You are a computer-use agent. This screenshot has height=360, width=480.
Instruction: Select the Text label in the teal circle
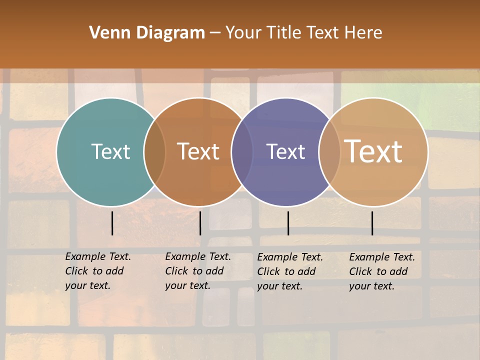coord(110,151)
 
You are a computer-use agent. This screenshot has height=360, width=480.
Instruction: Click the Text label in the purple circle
coord(285,151)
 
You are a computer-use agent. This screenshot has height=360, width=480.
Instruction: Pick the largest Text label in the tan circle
coord(373,151)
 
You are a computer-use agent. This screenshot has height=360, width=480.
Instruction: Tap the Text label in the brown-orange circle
coord(198,151)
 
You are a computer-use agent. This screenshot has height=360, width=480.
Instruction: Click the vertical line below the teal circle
coord(112,223)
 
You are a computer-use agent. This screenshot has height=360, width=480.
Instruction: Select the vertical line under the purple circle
coord(288,223)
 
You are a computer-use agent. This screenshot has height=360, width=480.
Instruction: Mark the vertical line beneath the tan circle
coord(372,223)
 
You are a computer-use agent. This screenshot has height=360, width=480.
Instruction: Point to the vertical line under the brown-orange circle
coord(200,223)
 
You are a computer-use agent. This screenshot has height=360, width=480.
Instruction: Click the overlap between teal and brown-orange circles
coord(154,151)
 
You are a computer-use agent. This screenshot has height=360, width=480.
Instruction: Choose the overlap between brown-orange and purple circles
coord(242,151)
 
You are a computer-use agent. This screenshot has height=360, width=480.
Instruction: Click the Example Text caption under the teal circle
coord(98,256)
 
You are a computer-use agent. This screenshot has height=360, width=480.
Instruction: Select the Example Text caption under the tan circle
coord(382,257)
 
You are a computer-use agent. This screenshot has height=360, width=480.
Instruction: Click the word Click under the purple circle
coord(268,271)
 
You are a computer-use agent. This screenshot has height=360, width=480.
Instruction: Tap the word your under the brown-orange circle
coord(175,285)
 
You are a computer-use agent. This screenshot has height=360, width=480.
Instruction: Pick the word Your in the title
coord(243,33)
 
